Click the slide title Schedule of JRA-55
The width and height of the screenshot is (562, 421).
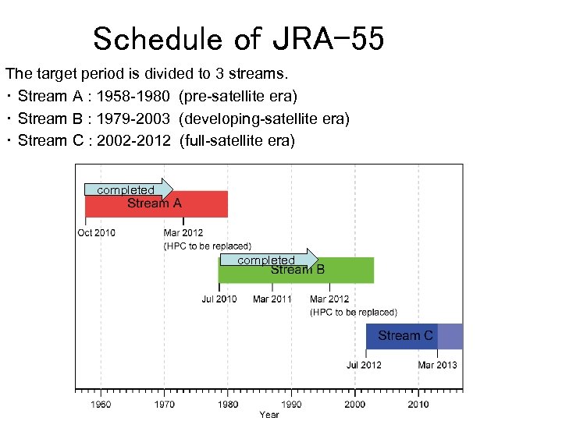click(x=238, y=38)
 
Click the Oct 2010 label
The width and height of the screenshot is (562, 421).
click(x=96, y=232)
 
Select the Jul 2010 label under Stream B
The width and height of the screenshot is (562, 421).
click(x=219, y=299)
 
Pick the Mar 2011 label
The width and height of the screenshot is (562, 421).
click(x=272, y=299)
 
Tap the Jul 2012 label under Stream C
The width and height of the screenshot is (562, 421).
click(x=365, y=365)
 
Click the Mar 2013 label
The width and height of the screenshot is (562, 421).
click(x=438, y=365)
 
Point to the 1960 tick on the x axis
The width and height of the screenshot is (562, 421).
click(x=101, y=404)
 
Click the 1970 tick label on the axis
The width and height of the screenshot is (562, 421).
click(x=164, y=404)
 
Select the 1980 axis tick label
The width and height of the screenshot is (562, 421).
click(x=228, y=404)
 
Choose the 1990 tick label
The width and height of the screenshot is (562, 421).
click(x=291, y=404)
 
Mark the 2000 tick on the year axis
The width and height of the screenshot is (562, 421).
click(x=354, y=404)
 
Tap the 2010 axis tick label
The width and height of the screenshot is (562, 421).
click(x=418, y=404)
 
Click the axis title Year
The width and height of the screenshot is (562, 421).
click(x=269, y=415)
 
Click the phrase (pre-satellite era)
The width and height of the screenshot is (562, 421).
click(x=238, y=96)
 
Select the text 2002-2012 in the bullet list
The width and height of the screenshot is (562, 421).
click(x=133, y=140)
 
